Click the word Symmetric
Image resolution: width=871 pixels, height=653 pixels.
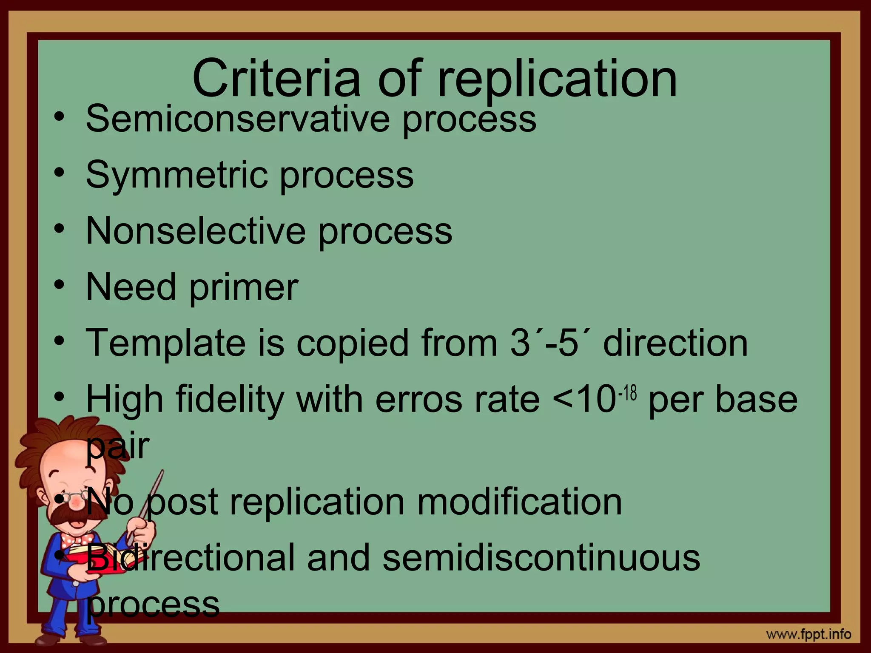[176, 175]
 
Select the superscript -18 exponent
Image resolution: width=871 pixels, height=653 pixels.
[628, 393]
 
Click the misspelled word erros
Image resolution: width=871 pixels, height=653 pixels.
[418, 400]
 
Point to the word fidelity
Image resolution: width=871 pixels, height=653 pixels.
[230, 400]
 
